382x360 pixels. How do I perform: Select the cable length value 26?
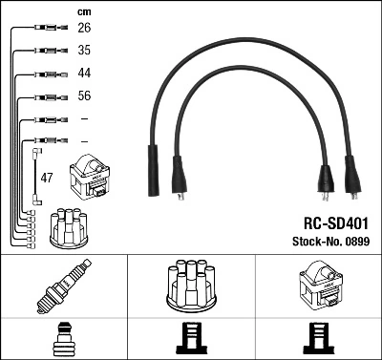pos(83,28)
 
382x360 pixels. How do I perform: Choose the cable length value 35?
pos(83,50)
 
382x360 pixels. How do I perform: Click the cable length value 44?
pos(83,74)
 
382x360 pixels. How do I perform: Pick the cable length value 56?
pos(83,96)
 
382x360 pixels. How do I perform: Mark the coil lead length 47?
pos(47,178)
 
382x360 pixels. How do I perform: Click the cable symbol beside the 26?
pos(43,29)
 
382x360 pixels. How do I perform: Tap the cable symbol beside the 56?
pos(43,97)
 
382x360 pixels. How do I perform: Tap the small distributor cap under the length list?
pos(68,226)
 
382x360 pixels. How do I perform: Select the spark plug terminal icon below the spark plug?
pos(63,338)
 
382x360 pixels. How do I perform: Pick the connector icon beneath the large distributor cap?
pos(190,338)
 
